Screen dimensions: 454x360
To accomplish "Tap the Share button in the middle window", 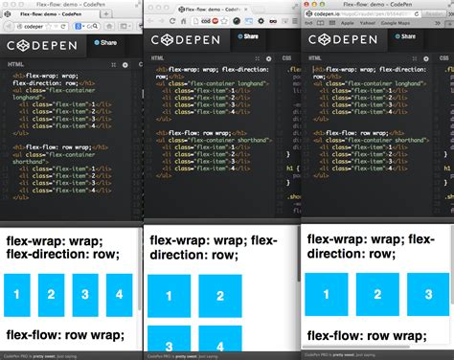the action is point(247,36).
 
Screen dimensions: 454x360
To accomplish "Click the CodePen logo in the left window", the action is point(43,45).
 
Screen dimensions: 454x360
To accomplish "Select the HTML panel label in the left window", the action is point(16,64).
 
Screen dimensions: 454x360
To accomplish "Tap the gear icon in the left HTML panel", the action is point(125,64).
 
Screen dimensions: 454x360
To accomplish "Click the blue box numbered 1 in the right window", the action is point(326,291).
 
